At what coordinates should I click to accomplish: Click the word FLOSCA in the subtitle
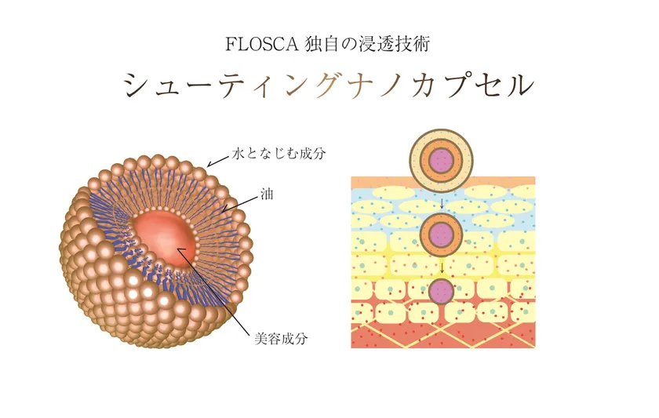[x=262, y=44]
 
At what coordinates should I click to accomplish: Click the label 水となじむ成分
[x=279, y=154]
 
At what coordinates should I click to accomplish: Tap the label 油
[x=267, y=194]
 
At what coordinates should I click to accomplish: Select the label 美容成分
[x=281, y=339]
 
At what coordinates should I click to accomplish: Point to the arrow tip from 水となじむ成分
[x=208, y=166]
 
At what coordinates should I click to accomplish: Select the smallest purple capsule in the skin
[x=441, y=291]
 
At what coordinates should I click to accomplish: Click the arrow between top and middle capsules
[x=442, y=203]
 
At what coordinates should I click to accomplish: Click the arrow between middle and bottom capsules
[x=442, y=267]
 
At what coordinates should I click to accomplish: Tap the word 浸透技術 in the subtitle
[x=394, y=44]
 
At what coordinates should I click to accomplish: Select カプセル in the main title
[x=473, y=85]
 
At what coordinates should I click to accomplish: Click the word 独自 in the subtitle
[x=322, y=44]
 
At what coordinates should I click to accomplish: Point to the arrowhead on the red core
[x=178, y=249]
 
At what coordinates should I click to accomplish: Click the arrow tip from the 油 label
[x=222, y=210]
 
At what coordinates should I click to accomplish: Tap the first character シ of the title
[x=137, y=85]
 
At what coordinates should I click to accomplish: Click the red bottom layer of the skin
[x=443, y=334]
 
